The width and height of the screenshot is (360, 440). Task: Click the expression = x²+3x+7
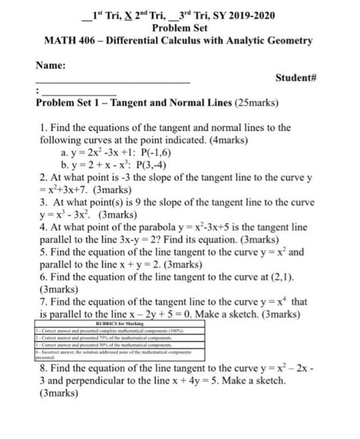63,189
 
